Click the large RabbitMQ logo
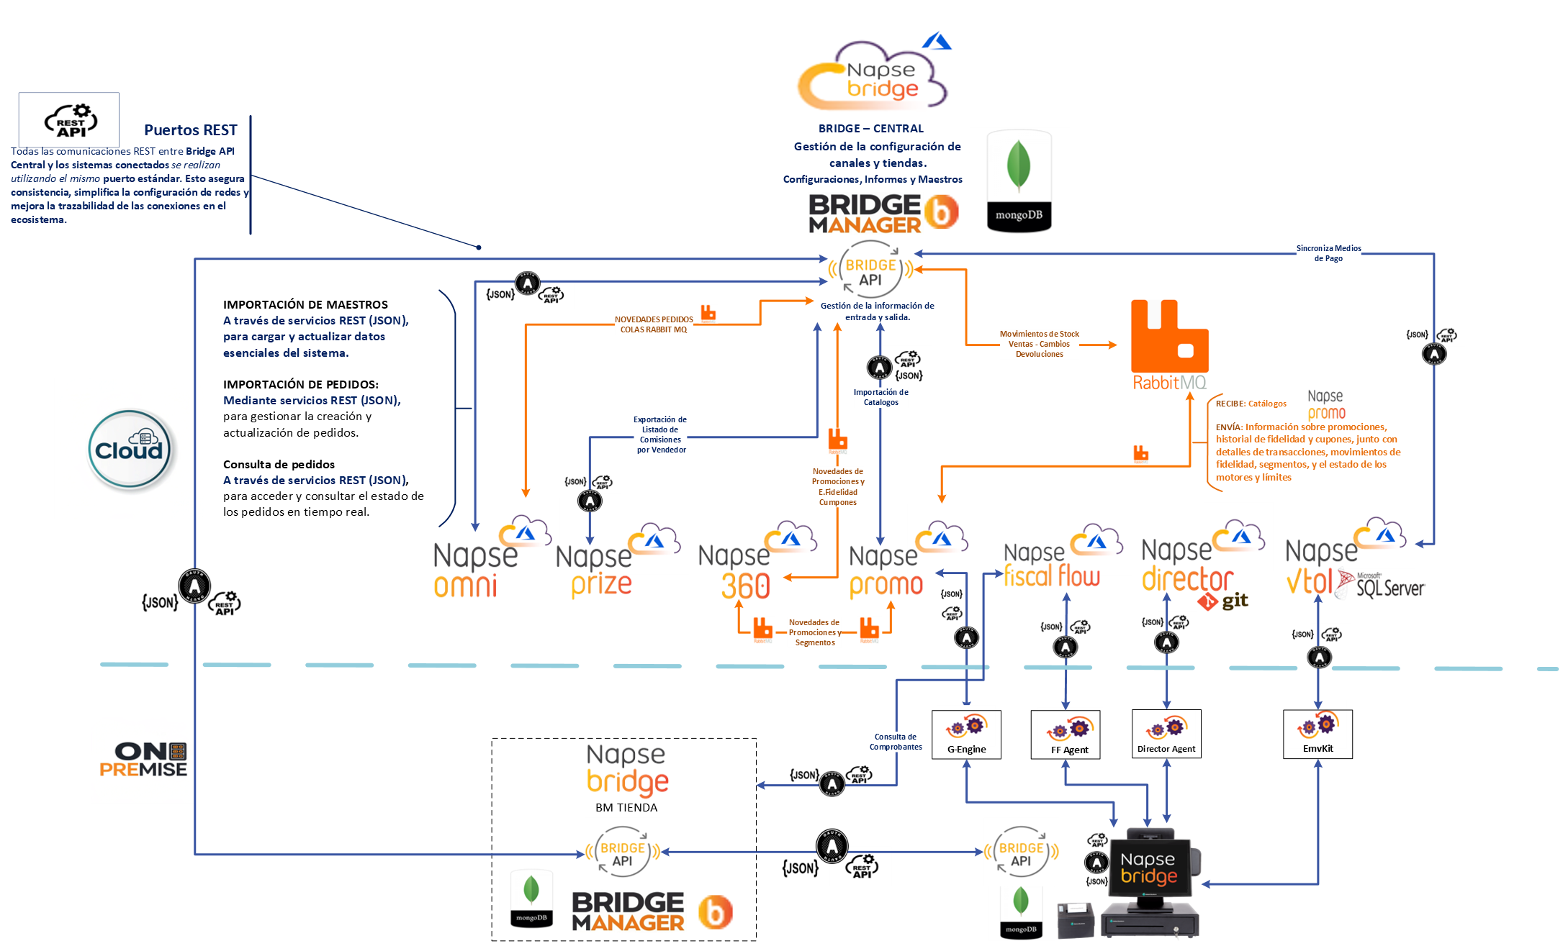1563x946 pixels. click(1169, 344)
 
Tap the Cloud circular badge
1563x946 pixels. click(130, 449)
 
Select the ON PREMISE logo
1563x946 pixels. click(143, 760)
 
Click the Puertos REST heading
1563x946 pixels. click(190, 130)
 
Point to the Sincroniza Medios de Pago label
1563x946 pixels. click(1328, 253)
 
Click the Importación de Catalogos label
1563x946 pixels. click(880, 397)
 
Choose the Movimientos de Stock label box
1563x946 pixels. click(1039, 344)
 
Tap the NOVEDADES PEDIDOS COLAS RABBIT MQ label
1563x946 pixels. click(653, 324)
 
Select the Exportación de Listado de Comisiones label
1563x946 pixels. click(660, 435)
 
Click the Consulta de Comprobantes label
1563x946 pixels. click(895, 742)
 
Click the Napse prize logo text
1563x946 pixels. click(596, 571)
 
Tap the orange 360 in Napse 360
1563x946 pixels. click(745, 586)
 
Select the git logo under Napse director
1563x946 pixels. click(1223, 601)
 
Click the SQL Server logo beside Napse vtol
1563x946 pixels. click(1382, 586)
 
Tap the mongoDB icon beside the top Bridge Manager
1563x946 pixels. click(1019, 181)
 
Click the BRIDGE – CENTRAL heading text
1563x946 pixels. click(870, 129)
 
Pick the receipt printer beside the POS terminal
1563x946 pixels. click(1074, 919)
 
